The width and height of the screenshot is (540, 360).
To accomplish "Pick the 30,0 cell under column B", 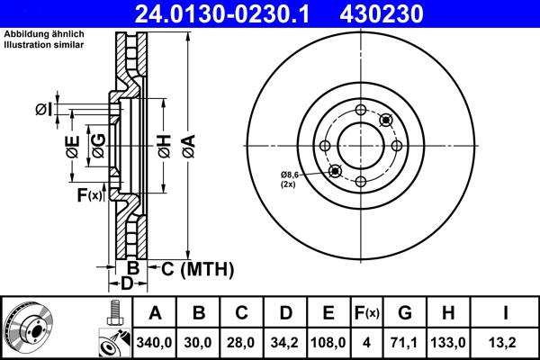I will pos(199,343).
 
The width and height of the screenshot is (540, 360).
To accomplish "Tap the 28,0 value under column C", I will pos(241,343).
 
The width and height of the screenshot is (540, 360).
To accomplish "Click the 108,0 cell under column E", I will pos(329,343).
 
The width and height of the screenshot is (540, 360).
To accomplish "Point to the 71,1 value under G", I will pos(405,343).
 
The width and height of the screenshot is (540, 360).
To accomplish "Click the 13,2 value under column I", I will pos(507,343).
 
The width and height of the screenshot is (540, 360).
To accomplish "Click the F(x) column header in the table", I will pos(368,314).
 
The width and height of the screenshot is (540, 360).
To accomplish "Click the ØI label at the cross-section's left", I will pos(45,109).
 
